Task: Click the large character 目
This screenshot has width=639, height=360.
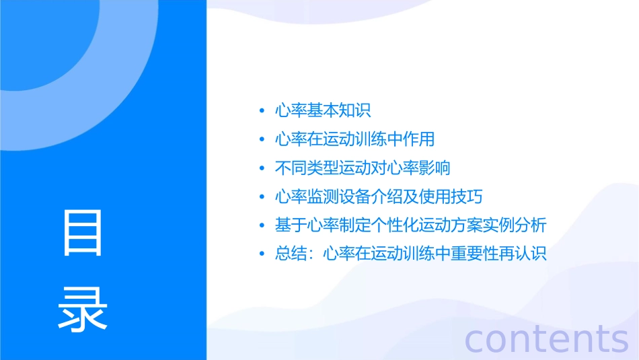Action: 83,233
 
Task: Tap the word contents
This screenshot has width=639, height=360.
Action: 546,338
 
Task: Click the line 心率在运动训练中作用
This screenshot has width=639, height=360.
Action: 354,139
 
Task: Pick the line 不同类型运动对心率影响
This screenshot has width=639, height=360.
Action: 363,168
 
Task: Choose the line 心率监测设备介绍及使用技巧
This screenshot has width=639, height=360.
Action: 379,197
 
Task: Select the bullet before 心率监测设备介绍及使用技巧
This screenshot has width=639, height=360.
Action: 262,198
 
